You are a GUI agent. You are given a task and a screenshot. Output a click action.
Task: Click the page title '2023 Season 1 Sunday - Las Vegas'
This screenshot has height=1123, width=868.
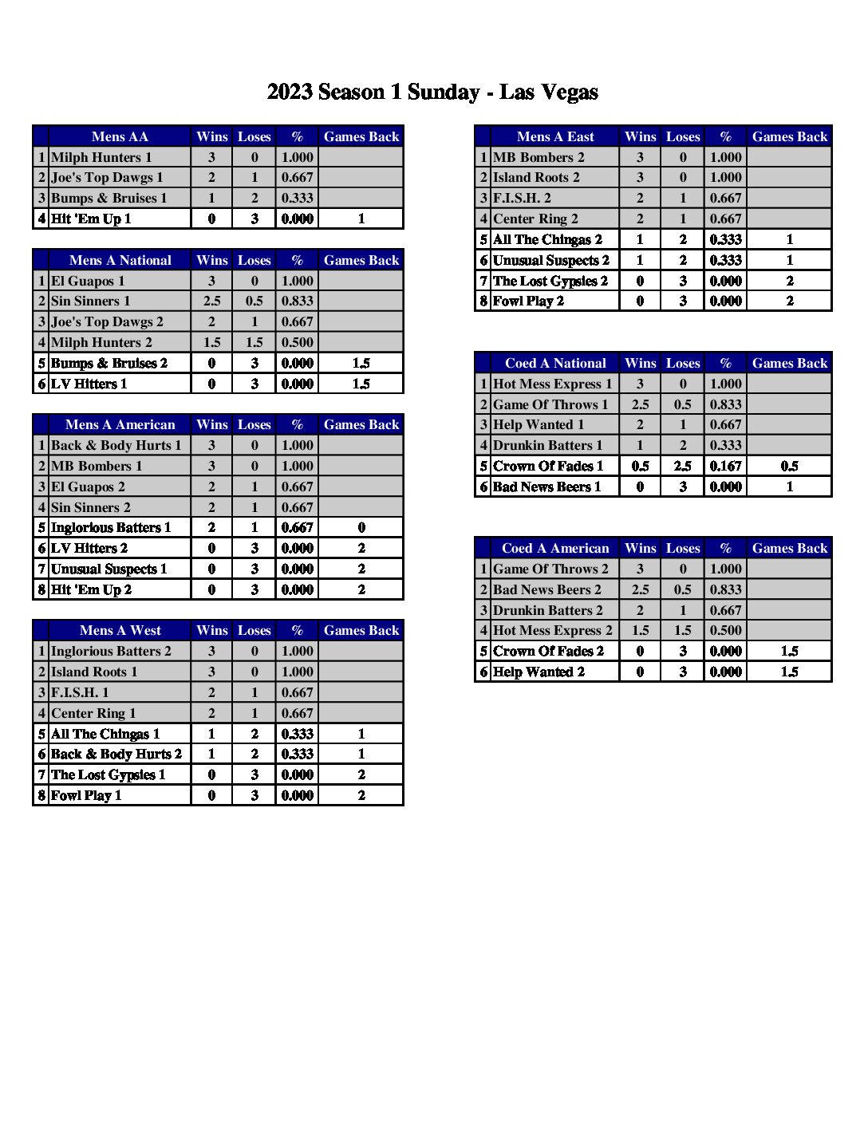[432, 93]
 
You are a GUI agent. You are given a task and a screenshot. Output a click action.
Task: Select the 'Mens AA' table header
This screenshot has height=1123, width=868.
[120, 136]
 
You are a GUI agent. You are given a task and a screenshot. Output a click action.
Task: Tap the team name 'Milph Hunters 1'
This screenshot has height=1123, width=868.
[101, 157]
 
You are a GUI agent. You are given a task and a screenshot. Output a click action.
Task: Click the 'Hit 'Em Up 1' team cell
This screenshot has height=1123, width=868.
[91, 219]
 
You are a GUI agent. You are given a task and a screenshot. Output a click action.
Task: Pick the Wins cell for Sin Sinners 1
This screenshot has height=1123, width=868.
[211, 301]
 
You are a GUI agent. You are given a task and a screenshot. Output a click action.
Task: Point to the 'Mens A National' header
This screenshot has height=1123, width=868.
[120, 260]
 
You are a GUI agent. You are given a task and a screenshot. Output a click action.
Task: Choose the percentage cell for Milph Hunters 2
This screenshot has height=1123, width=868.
[297, 342]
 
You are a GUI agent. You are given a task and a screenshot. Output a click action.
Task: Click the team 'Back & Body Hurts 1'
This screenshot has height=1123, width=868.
[116, 445]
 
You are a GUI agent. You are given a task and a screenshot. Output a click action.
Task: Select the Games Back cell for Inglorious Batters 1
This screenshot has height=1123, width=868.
[361, 527]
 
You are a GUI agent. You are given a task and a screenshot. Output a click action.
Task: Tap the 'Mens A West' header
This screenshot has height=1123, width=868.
[120, 630]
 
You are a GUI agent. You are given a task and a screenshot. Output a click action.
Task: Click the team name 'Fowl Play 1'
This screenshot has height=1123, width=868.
[86, 795]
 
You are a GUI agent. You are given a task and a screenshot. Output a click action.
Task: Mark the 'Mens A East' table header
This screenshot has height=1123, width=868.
[555, 136]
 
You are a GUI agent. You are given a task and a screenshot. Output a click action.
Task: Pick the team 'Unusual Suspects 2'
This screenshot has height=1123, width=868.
[551, 260]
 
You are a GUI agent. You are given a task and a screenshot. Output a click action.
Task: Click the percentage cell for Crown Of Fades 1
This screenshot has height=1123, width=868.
[725, 466]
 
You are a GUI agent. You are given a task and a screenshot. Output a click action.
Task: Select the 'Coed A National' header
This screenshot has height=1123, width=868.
[555, 363]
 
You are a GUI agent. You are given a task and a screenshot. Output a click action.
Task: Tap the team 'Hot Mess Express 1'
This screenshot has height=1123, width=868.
[553, 384]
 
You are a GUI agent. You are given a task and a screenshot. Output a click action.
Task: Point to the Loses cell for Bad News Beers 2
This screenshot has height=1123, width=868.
[683, 589]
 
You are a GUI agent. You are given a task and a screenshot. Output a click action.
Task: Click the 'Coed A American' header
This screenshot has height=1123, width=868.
[555, 548]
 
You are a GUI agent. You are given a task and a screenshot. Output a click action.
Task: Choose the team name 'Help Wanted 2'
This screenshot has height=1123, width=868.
[539, 672]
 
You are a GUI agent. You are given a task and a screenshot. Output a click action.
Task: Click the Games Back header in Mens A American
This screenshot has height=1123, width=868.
[361, 424]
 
